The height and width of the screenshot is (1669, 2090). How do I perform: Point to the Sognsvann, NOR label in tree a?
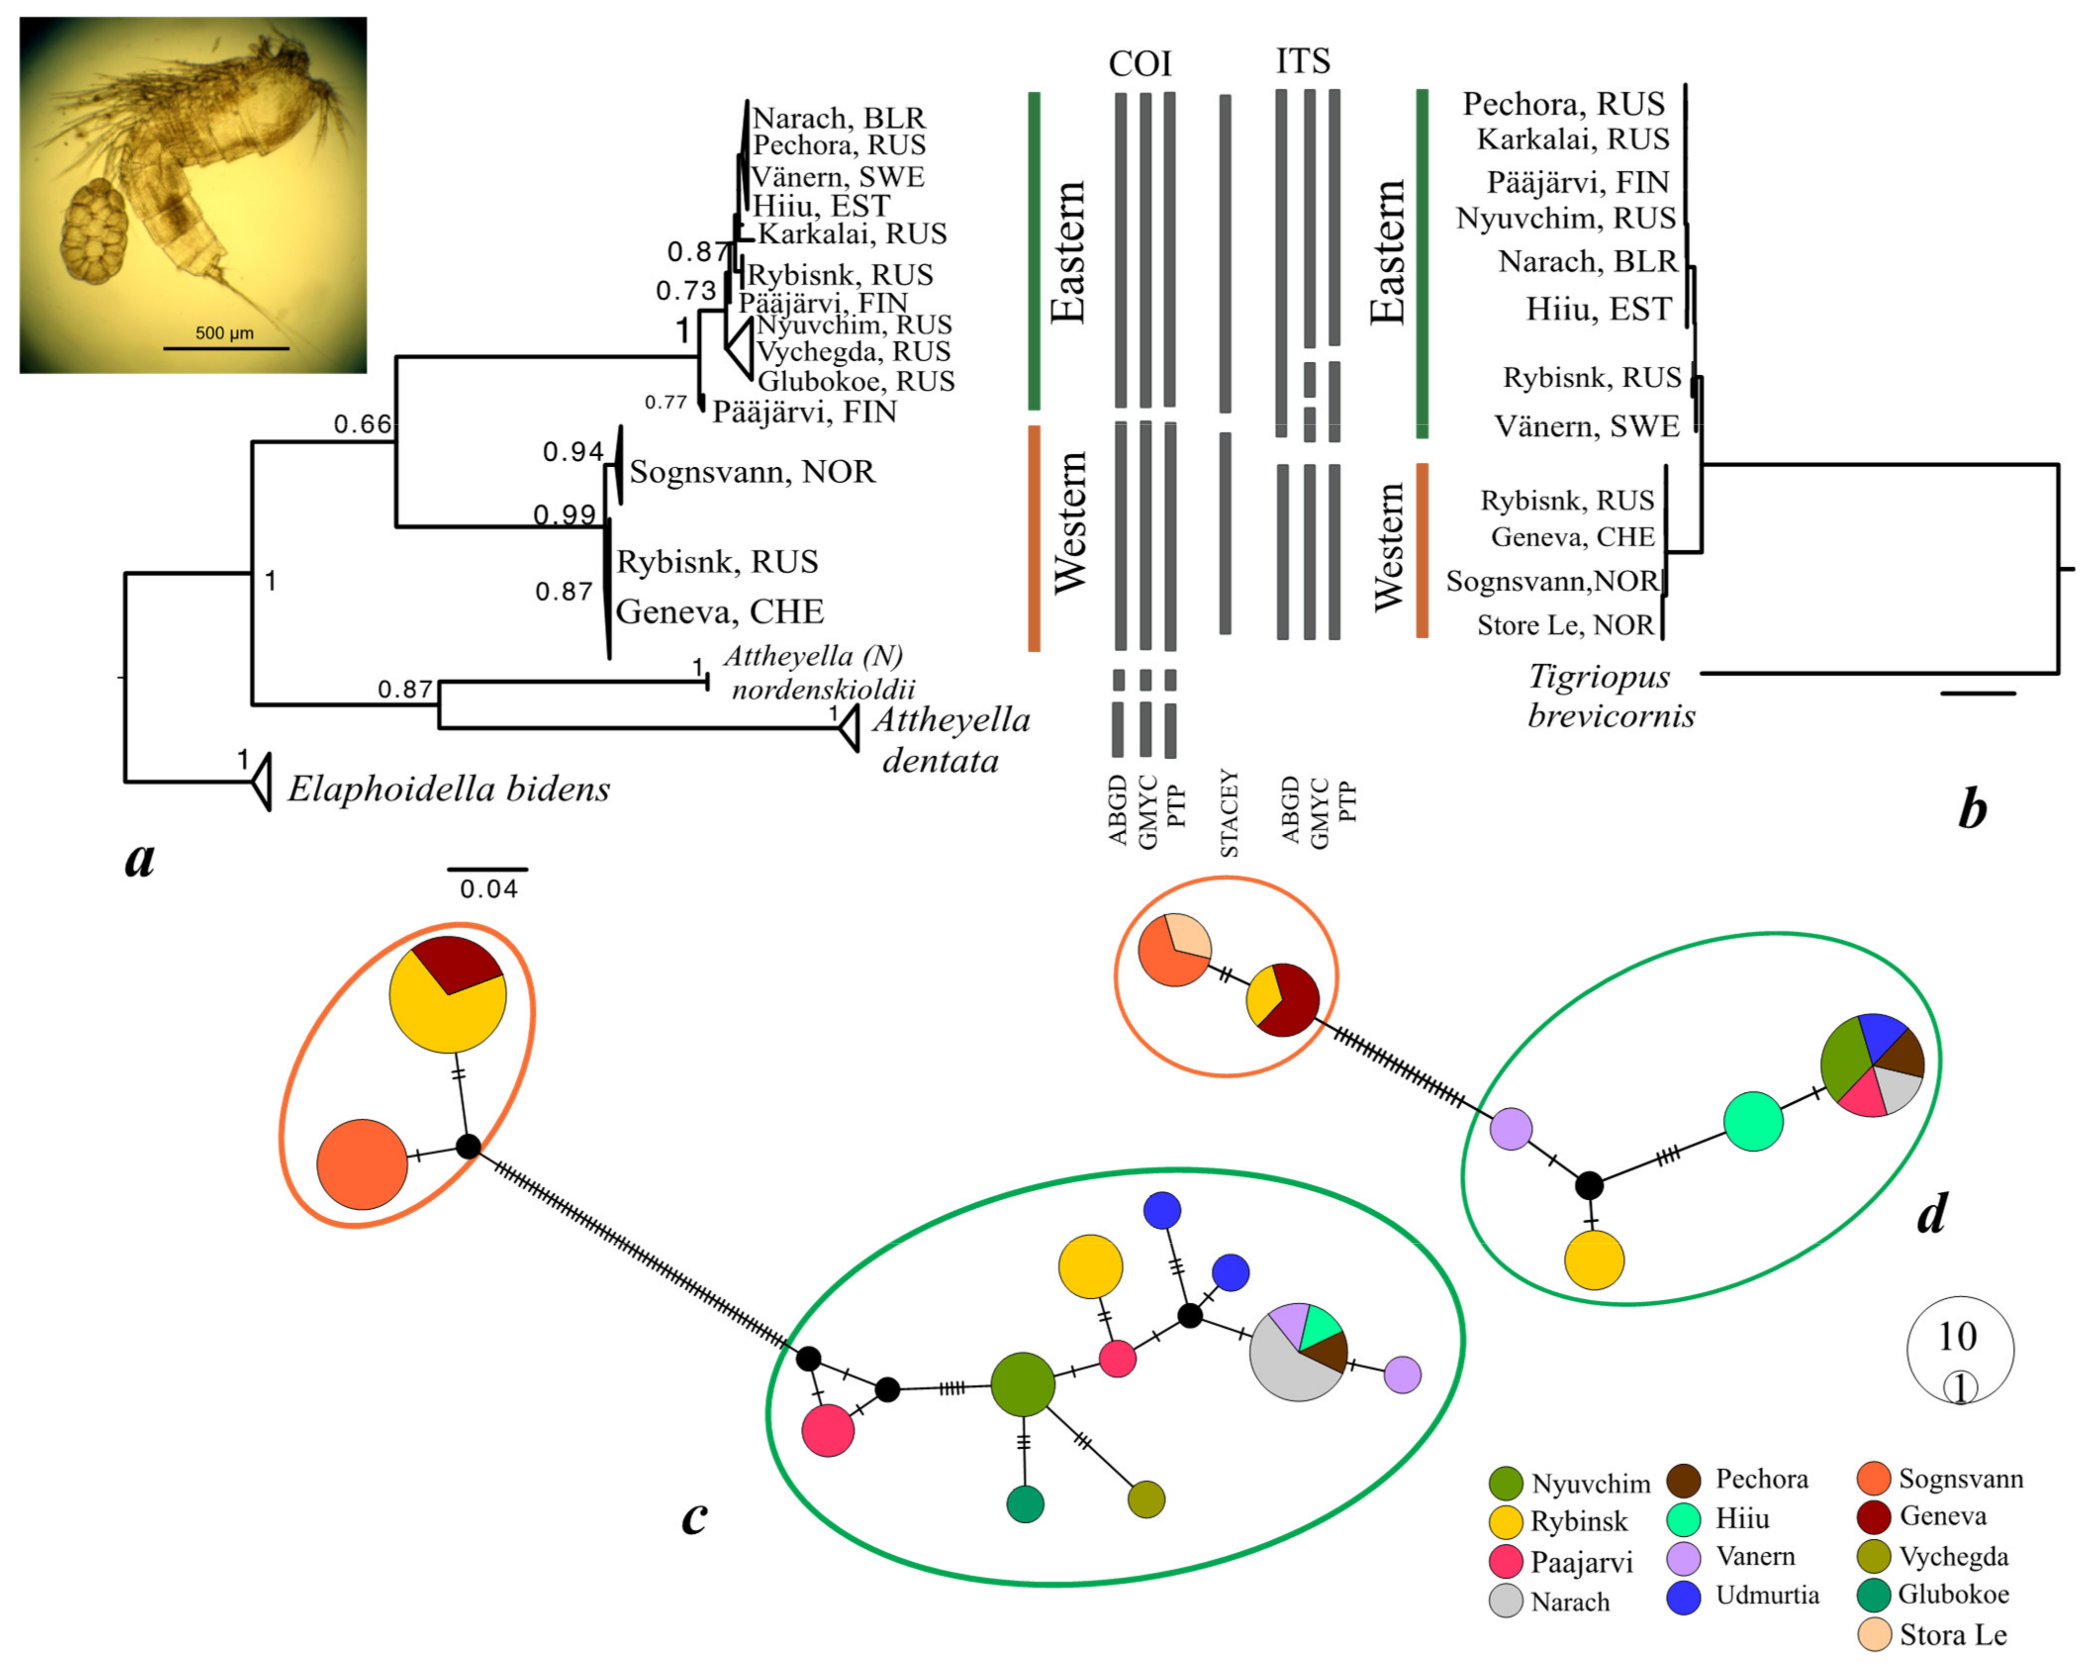(x=752, y=472)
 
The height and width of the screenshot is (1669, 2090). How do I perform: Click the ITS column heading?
(x=1303, y=61)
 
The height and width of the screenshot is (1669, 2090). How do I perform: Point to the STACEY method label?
(x=1229, y=813)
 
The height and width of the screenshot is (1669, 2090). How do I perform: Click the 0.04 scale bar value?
(x=488, y=889)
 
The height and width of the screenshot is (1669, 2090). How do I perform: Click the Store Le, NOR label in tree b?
(x=1565, y=626)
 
